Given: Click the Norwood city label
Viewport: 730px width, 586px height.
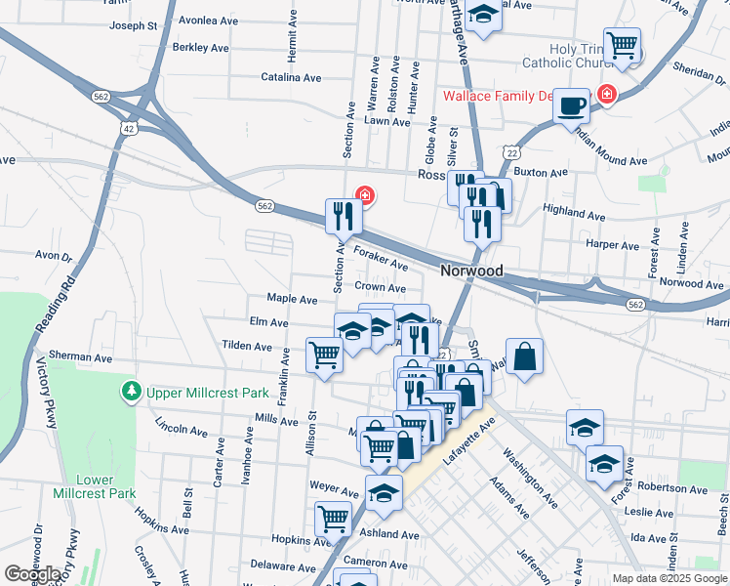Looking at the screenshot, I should click(x=471, y=271).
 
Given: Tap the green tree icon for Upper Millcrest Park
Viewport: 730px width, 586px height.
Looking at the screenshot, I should click(x=131, y=392).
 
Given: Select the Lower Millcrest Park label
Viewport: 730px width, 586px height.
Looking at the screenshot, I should click(x=107, y=486).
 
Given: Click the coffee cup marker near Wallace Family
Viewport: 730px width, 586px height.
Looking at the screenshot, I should click(x=572, y=106).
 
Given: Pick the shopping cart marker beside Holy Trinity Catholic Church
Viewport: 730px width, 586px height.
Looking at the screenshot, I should click(x=622, y=46).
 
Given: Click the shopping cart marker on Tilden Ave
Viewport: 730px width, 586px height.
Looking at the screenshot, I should click(x=324, y=355).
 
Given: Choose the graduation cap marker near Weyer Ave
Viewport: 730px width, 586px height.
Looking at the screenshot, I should click(x=384, y=492).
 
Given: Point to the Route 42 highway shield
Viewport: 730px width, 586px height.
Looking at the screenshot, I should click(x=129, y=128).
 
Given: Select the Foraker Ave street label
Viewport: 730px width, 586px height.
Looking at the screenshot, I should click(x=381, y=258).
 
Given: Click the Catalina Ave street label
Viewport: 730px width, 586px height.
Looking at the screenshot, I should click(x=291, y=77).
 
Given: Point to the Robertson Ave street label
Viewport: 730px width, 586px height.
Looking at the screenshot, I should click(x=669, y=485).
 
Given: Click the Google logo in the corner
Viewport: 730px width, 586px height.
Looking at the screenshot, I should click(x=32, y=574).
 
